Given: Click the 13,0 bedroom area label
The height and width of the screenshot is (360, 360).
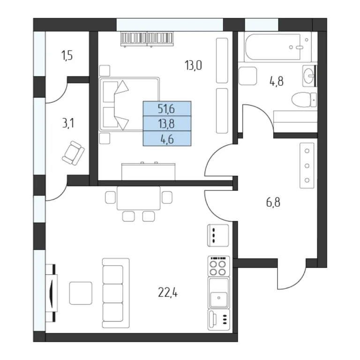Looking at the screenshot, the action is (x=193, y=66).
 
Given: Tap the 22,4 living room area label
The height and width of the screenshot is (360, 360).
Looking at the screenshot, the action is (x=168, y=292).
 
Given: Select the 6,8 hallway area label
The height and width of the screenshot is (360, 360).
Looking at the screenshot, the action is (x=273, y=202).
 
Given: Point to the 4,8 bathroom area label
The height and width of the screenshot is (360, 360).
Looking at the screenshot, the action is (x=277, y=81).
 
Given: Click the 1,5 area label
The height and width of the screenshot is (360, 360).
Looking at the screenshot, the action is (x=67, y=56).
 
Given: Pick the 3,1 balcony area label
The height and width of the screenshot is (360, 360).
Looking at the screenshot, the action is (x=68, y=123).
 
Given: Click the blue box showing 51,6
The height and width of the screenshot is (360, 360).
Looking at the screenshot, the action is (x=167, y=109).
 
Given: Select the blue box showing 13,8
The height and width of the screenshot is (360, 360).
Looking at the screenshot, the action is (x=167, y=124).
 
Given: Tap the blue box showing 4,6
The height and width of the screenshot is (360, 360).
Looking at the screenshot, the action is (x=167, y=139).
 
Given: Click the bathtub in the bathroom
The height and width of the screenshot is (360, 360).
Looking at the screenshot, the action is (x=278, y=47).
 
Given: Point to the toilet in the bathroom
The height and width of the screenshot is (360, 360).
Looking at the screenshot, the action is (x=304, y=100).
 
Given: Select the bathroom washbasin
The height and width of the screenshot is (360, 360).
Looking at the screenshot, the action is (x=309, y=76).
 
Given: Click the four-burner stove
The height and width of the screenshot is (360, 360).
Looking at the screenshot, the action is (x=218, y=266).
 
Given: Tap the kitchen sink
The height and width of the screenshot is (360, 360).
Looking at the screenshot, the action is (x=218, y=292).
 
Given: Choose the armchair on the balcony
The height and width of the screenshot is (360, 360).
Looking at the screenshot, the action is (x=73, y=153).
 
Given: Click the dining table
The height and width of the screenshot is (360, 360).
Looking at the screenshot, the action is (x=138, y=198).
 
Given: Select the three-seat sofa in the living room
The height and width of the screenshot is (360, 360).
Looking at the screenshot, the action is (x=116, y=293).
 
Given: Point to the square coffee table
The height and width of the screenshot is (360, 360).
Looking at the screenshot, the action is (x=81, y=293).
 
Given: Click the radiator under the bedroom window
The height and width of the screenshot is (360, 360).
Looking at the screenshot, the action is (x=147, y=39).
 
